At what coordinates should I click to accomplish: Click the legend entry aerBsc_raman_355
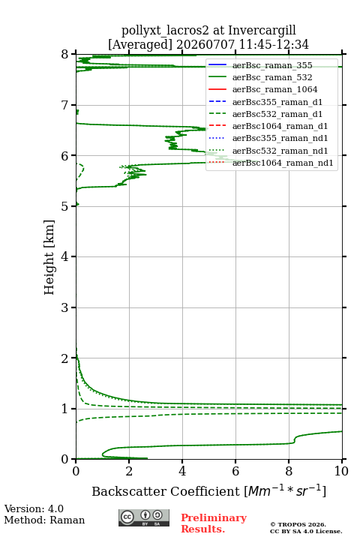click(272, 65)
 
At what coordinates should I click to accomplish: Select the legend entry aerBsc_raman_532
click(272, 77)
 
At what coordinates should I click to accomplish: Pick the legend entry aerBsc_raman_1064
click(275, 89)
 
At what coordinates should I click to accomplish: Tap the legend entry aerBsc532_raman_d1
click(277, 114)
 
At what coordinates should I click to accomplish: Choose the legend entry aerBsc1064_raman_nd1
click(283, 163)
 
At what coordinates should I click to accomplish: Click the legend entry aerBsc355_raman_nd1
click(280, 138)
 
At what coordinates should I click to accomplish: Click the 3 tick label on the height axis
click(65, 307)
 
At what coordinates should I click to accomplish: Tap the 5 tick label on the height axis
click(65, 206)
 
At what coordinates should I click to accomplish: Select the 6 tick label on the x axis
click(235, 471)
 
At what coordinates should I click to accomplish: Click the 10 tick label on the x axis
click(342, 471)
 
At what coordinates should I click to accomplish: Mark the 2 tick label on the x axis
click(129, 471)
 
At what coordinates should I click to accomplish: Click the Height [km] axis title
click(49, 257)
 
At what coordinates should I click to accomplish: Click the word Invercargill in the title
click(262, 31)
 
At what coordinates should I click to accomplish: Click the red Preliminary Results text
click(214, 523)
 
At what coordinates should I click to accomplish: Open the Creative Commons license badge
click(144, 518)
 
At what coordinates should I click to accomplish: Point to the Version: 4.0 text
click(34, 509)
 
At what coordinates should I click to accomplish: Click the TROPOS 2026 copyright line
click(298, 524)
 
